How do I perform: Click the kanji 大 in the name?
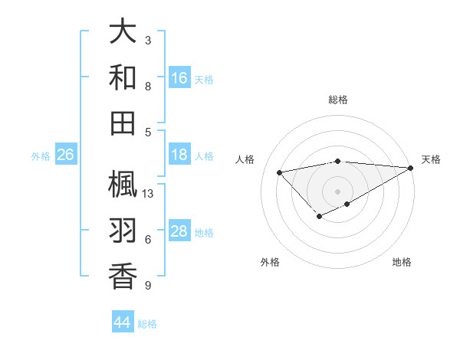click(x=123, y=32)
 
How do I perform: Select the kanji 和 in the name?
click(x=123, y=77)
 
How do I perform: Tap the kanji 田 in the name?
click(x=123, y=122)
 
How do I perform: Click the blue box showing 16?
click(x=179, y=78)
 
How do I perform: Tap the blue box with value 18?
click(x=179, y=155)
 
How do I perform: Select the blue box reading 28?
click(x=179, y=232)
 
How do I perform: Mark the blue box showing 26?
click(x=65, y=155)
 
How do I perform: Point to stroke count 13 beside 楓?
click(x=149, y=194)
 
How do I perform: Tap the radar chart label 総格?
click(x=338, y=100)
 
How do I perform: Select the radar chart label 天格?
click(x=431, y=159)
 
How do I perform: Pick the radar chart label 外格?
click(x=270, y=262)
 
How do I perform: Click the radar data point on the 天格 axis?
click(x=411, y=168)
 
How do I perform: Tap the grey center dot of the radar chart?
click(x=338, y=191)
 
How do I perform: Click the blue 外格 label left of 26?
click(x=41, y=156)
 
